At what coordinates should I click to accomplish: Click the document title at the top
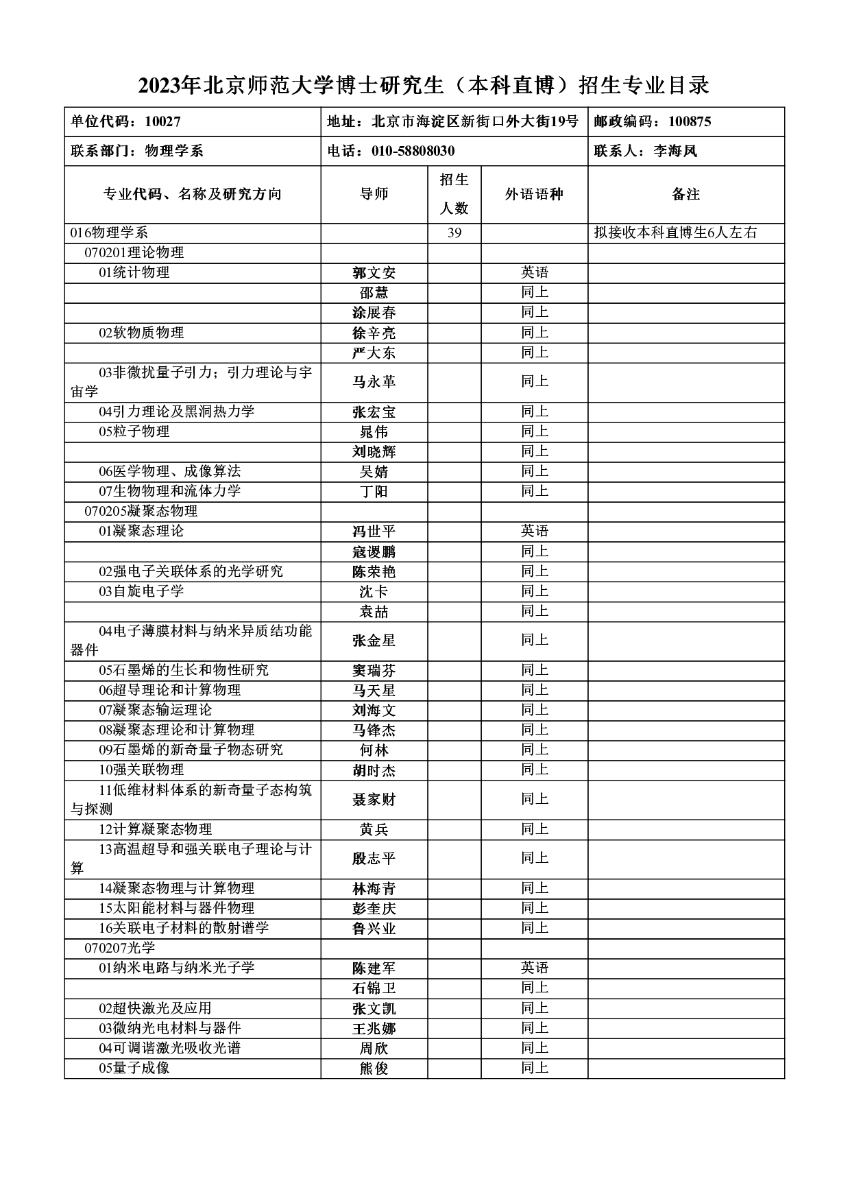tap(424, 86)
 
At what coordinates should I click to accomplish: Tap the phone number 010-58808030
tap(391, 152)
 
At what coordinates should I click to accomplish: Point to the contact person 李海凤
tap(645, 152)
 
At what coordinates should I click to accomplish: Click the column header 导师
tap(374, 195)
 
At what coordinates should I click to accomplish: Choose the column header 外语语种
tap(534, 195)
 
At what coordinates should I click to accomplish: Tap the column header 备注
tap(685, 195)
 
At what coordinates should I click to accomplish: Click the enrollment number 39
tap(454, 233)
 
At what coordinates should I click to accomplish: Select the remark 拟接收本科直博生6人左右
tap(675, 233)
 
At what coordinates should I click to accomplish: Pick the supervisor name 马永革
tap(374, 382)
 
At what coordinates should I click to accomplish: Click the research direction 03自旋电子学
tap(141, 591)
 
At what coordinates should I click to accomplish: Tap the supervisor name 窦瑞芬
tap(374, 671)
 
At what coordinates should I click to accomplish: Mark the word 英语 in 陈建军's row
tap(534, 968)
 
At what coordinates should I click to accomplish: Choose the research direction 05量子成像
tap(134, 1068)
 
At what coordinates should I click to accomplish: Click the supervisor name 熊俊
tap(374, 1069)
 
